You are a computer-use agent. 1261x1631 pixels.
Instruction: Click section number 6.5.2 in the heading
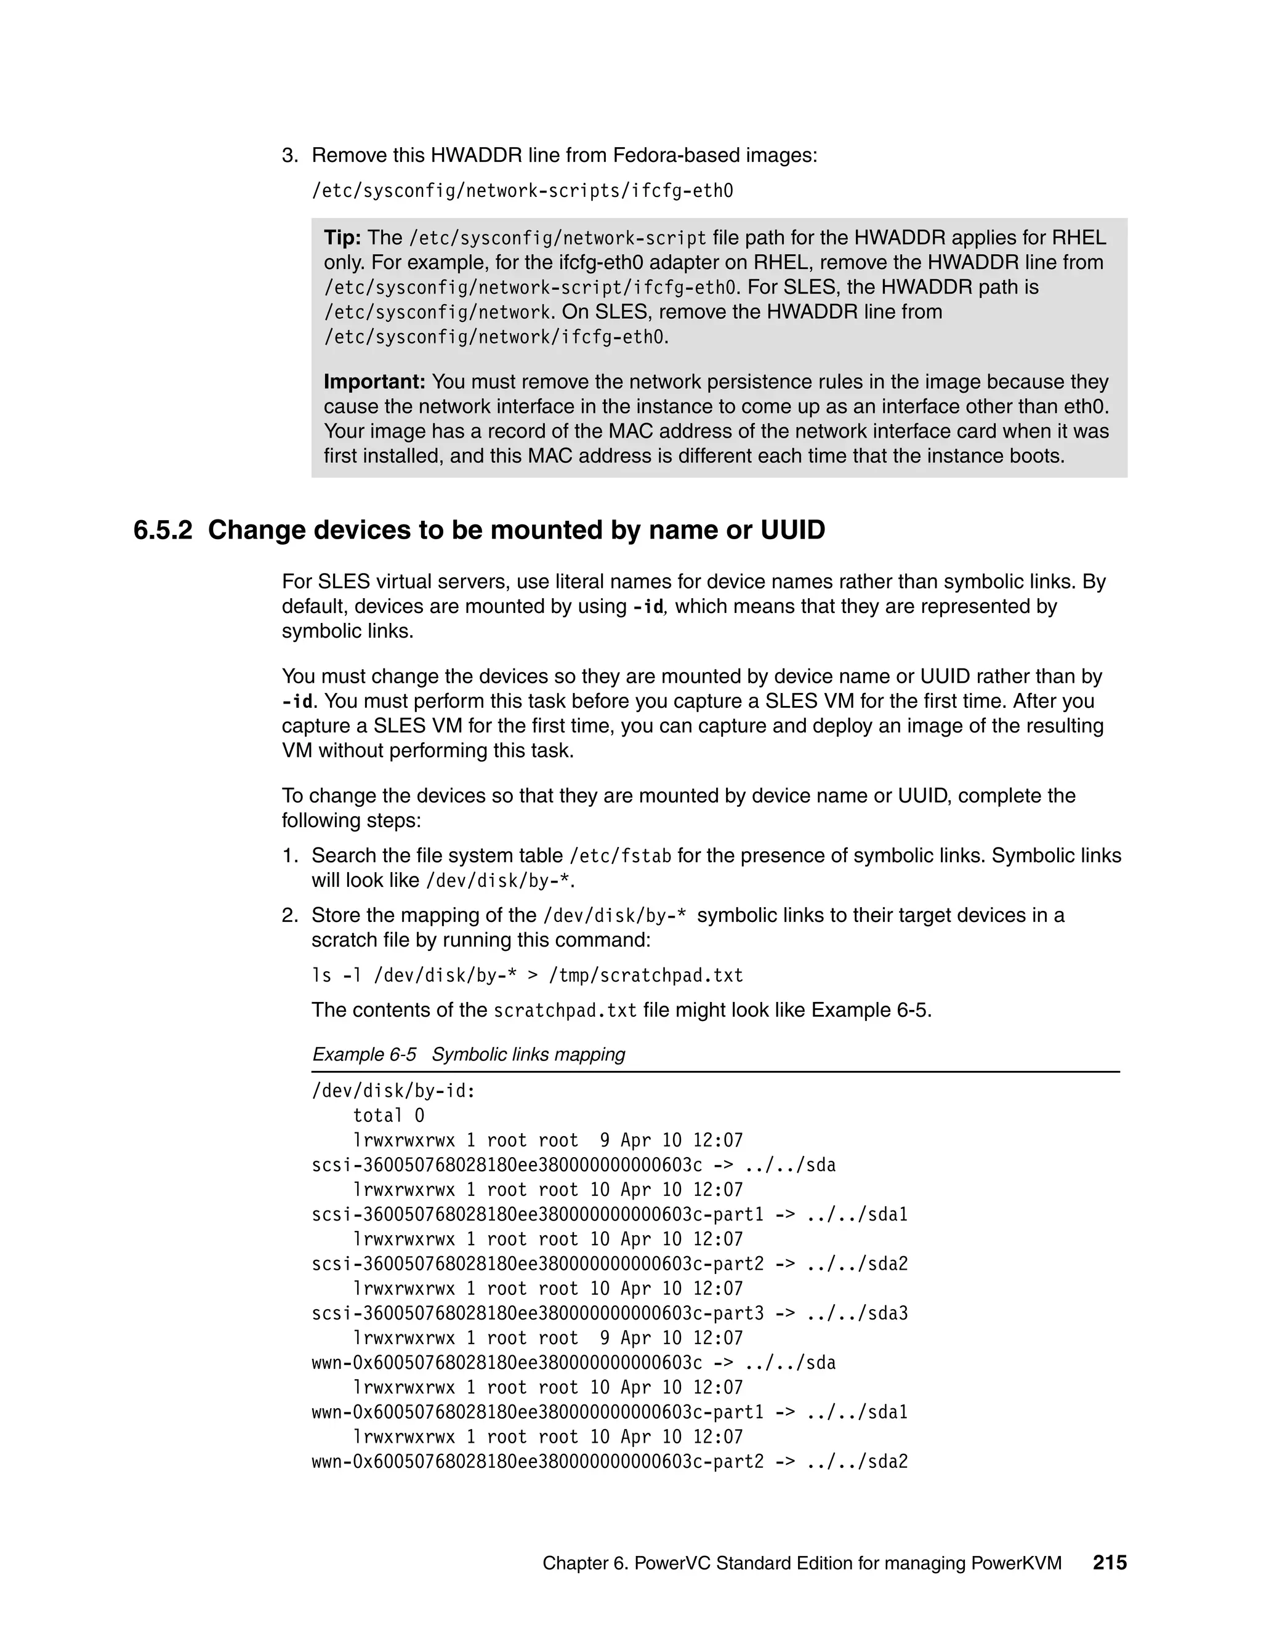163,530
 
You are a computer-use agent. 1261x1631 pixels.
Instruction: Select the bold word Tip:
342,238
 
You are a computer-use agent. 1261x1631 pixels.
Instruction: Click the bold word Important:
374,382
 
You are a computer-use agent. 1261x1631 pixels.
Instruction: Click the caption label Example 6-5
364,1054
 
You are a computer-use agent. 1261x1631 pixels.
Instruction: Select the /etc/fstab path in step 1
620,856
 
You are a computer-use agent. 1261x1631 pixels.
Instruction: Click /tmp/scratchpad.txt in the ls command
645,976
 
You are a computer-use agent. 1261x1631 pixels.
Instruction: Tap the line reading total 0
389,1116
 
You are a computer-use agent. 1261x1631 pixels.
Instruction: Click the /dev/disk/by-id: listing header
393,1091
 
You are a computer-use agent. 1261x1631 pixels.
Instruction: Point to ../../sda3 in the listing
857,1313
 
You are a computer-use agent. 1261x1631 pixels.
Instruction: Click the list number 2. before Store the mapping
290,916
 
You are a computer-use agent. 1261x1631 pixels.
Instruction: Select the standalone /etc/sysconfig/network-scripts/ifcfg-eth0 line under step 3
522,191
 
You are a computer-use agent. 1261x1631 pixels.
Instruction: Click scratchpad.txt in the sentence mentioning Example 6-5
565,1011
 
